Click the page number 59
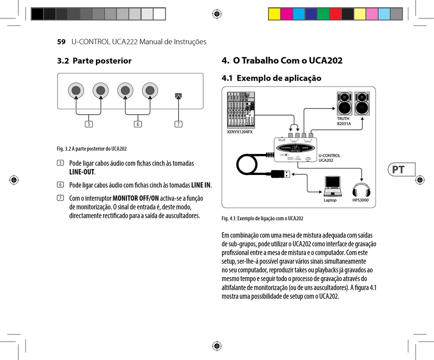[61, 42]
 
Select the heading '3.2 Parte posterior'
[94, 61]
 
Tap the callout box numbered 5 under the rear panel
[89, 124]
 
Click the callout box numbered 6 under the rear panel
[138, 124]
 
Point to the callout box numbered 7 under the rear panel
[178, 124]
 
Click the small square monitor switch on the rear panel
[178, 96]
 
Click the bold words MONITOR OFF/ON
[136, 198]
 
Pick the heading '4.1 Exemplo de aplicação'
[271, 78]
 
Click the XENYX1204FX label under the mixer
[240, 132]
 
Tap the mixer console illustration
[242, 110]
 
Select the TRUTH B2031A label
[344, 121]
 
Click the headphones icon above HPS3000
[362, 189]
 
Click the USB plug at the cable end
[279, 174]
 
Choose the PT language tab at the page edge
[398, 169]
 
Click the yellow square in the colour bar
[274, 14]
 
